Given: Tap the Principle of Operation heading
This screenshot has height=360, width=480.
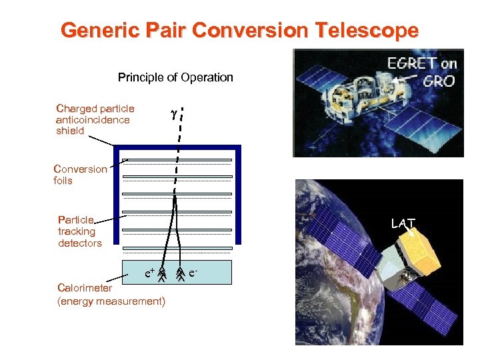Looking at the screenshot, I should click(x=175, y=77).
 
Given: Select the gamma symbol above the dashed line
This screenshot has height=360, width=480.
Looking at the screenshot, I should click(x=173, y=114).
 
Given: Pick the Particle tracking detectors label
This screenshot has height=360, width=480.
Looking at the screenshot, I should click(x=80, y=231).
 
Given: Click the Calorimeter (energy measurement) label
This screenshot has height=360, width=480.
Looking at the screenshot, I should click(x=111, y=295).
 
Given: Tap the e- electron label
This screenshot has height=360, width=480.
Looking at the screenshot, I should click(x=193, y=272).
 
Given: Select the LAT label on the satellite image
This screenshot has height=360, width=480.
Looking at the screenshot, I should click(x=403, y=224).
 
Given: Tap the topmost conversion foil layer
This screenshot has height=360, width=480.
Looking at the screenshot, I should click(x=179, y=161).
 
